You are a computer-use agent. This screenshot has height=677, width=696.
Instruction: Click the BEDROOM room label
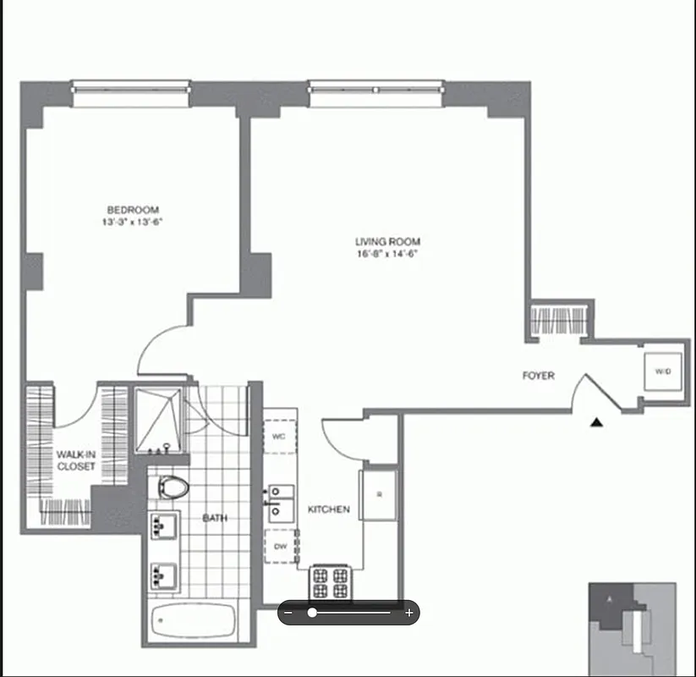point(132,210)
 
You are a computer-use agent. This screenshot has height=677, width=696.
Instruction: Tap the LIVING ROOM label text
point(387,242)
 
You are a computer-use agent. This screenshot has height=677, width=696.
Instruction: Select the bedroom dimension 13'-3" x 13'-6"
point(132,223)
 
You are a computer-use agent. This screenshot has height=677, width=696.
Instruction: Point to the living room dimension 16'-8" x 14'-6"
point(387,253)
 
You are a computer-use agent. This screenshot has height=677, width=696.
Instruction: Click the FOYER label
point(539,376)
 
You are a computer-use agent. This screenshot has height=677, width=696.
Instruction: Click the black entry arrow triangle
point(598,421)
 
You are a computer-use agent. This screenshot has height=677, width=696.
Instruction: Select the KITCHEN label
point(329,509)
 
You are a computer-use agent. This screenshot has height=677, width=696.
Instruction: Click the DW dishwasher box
point(279,547)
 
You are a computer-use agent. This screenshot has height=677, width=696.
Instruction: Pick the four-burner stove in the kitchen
point(330,582)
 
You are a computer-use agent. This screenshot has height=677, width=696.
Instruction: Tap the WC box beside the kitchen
point(279,437)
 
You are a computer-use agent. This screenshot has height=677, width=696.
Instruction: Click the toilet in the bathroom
point(172,489)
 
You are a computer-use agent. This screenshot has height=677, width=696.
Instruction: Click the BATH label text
point(214,518)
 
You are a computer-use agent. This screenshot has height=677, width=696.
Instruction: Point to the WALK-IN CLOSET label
point(77,460)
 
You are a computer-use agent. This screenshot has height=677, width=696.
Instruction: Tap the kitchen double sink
point(281,502)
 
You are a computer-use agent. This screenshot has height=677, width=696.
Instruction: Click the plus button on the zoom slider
point(409,613)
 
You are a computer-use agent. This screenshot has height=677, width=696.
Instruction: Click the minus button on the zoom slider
point(289,613)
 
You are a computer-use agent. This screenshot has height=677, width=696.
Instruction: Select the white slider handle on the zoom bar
point(312,613)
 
